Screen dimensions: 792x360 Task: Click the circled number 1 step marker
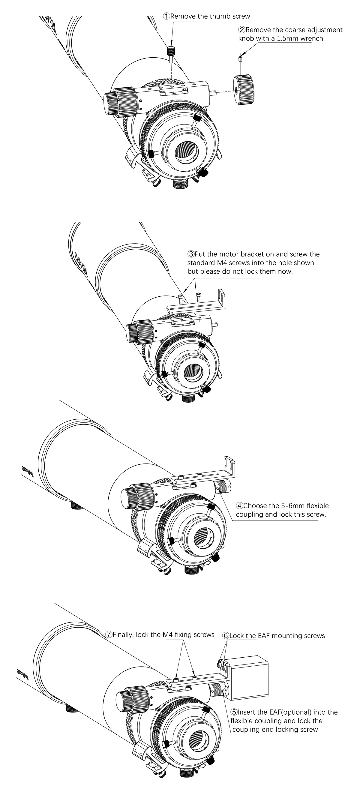point(166,16)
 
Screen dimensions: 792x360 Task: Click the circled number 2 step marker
point(241,30)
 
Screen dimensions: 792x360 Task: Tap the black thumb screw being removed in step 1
point(171,50)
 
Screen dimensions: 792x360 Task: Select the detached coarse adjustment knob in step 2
point(244,90)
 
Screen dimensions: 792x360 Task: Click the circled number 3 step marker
point(191,254)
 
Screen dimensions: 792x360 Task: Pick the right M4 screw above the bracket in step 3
point(198,295)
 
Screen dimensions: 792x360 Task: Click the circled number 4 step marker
point(239,506)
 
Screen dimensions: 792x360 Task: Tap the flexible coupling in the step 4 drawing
point(223,487)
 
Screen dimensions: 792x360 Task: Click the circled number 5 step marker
point(234,712)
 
